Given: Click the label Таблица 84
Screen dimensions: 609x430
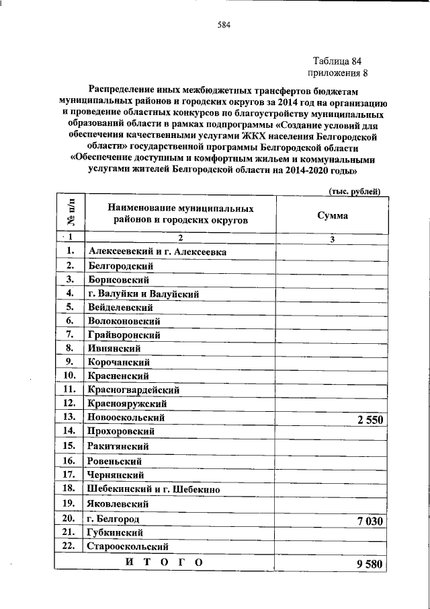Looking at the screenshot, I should (x=337, y=61).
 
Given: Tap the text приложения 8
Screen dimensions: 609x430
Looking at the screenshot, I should (x=337, y=73).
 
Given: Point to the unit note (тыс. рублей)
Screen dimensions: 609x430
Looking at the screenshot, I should (x=355, y=191).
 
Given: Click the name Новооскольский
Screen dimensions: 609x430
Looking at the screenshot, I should (x=126, y=418).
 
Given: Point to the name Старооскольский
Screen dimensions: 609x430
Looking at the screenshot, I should (x=128, y=546).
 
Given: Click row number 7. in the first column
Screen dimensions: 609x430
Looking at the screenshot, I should (x=69, y=334).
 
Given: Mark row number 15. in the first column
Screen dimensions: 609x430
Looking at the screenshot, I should (x=69, y=445).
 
